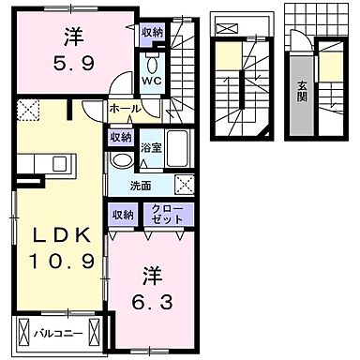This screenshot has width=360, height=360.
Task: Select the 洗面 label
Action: pos(141,183)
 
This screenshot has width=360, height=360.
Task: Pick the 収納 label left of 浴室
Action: pos(120,138)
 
